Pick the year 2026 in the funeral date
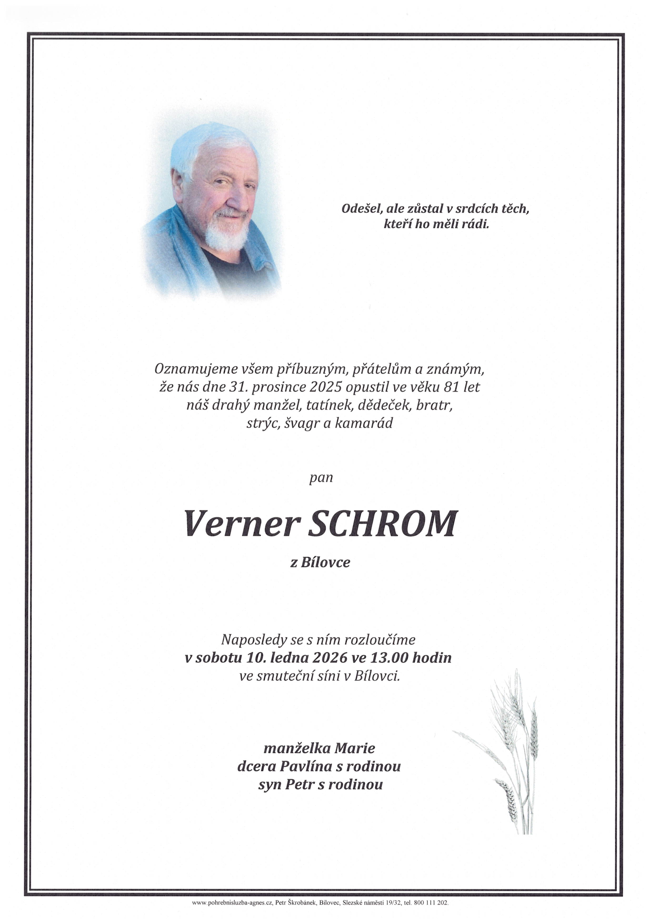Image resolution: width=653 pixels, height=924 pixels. [329, 658]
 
